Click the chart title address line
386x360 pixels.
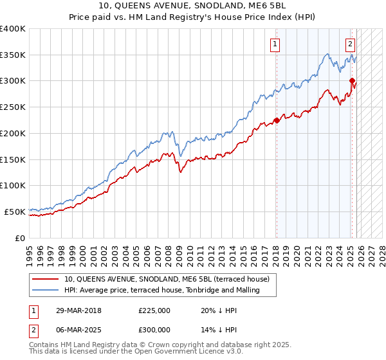[x=193, y=6]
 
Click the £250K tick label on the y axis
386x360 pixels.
[x=13, y=107]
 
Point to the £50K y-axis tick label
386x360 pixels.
[x=15, y=211]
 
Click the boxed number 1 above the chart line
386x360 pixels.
[x=275, y=44]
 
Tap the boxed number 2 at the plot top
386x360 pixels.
[x=351, y=44]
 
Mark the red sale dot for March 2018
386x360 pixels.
[x=277, y=120]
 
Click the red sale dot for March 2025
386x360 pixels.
[x=352, y=81]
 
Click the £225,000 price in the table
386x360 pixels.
[x=154, y=310]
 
